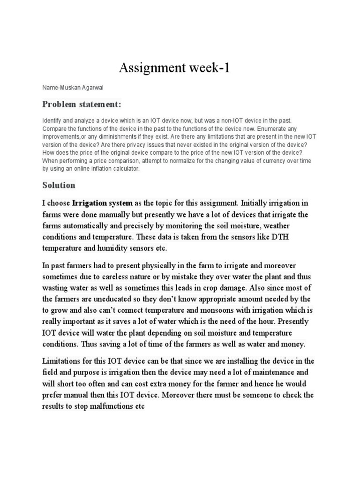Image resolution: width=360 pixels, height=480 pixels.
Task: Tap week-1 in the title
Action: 210,68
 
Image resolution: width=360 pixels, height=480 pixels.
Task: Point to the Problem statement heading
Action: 82,104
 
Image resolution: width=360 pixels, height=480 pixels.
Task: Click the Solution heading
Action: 59,185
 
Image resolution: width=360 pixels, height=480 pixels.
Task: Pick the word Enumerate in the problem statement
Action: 277,128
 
